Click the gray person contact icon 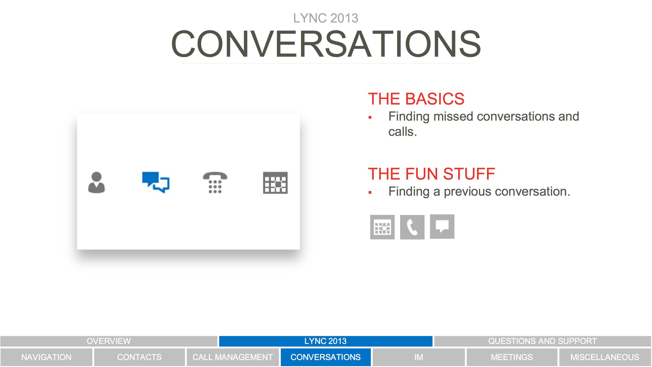point(96,183)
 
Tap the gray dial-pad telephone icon point(215,182)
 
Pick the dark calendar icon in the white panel point(275,183)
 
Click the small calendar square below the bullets point(382,227)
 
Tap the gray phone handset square point(412,227)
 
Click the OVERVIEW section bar point(109,341)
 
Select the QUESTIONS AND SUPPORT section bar point(543,341)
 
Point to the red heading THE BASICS point(416,99)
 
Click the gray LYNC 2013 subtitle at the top point(326,18)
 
